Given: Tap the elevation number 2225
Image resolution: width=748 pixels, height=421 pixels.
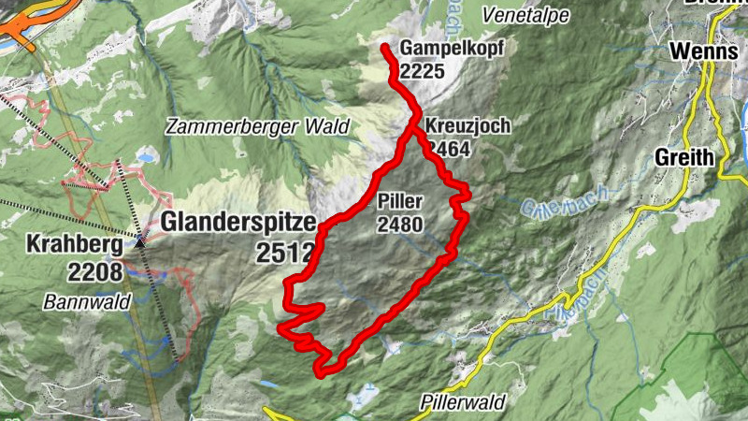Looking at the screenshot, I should tap(418, 70).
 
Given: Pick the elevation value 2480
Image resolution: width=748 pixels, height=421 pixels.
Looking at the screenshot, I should tap(401, 224).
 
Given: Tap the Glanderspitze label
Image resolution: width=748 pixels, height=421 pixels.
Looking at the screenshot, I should tap(239, 222).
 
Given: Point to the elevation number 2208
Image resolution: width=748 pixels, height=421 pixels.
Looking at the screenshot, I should tap(94, 272).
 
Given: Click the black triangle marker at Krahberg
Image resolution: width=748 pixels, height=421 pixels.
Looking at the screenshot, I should tap(140, 240).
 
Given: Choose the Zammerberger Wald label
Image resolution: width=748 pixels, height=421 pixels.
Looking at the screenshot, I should tap(257, 126).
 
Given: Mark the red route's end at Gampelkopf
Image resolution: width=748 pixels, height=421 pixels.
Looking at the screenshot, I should tap(385, 47).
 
